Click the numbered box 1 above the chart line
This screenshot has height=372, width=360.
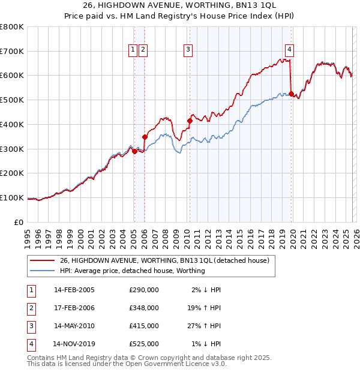[133, 50]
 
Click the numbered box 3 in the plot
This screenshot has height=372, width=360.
[188, 50]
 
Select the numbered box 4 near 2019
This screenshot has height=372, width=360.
[289, 50]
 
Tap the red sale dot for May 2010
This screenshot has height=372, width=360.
[190, 121]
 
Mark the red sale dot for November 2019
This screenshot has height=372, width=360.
[292, 94]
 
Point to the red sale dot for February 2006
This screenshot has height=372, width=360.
[145, 137]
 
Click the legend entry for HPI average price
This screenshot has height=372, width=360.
[132, 271]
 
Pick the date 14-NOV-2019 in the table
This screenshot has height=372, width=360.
[74, 344]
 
